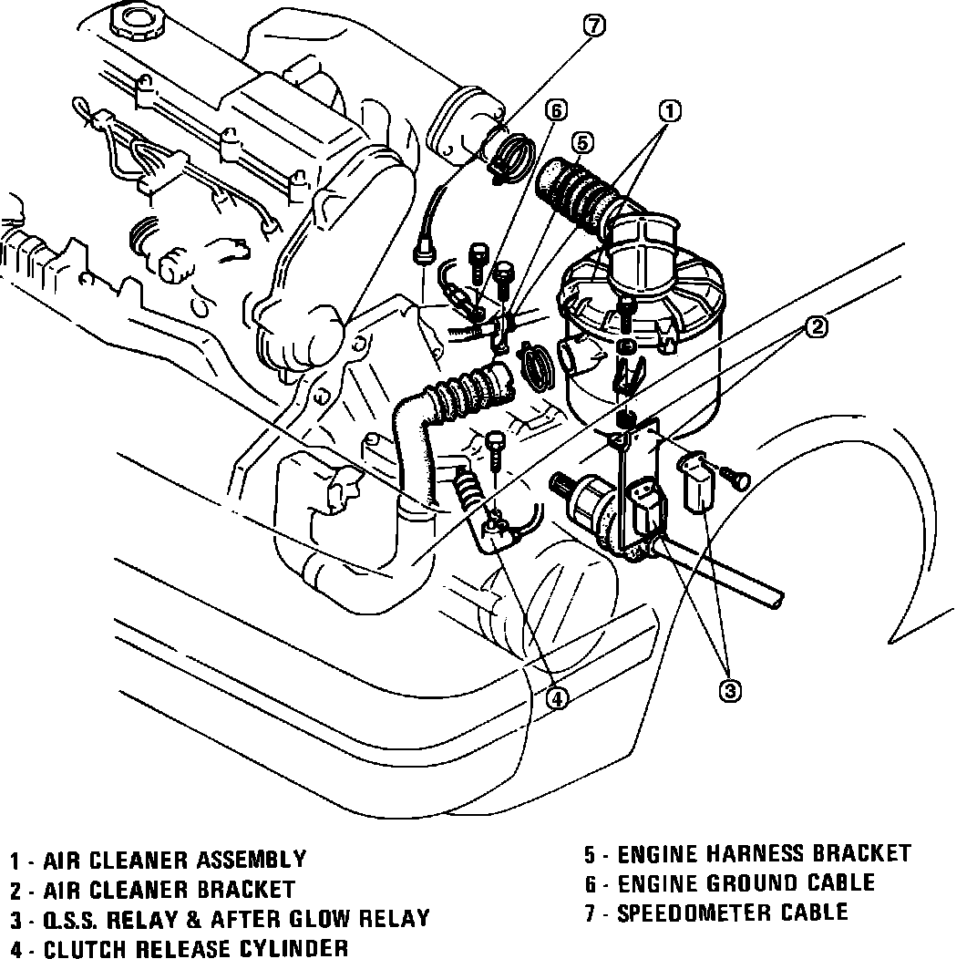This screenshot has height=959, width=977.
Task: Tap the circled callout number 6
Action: [x=555, y=110]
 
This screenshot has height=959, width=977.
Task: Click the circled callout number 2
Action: [x=817, y=325]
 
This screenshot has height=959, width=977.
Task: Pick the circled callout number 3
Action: [x=729, y=690]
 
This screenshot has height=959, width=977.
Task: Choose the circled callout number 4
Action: [x=557, y=698]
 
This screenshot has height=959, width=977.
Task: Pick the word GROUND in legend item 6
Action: [x=763, y=882]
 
